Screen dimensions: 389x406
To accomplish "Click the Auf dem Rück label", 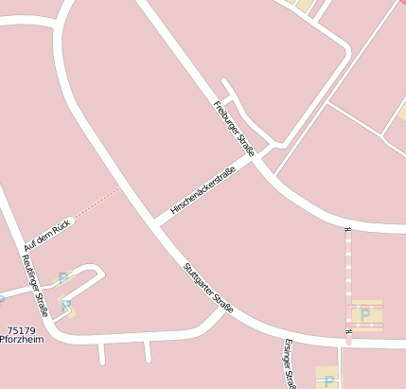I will (x=47, y=235).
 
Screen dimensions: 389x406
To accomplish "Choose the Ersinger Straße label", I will (x=289, y=364).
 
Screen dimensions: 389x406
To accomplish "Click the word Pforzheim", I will (x=23, y=340).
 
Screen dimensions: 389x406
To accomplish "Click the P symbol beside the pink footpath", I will (x=365, y=314).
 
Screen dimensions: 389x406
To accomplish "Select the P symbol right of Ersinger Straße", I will (x=328, y=381).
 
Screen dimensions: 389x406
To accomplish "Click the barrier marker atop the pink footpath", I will (x=348, y=229).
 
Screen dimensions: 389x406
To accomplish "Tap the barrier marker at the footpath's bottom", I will (x=348, y=332).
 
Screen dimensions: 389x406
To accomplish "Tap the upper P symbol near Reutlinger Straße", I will (x=63, y=278).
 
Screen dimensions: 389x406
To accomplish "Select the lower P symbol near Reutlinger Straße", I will (x=66, y=306).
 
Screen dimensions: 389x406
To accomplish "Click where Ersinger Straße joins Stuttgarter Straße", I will (x=281, y=337).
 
